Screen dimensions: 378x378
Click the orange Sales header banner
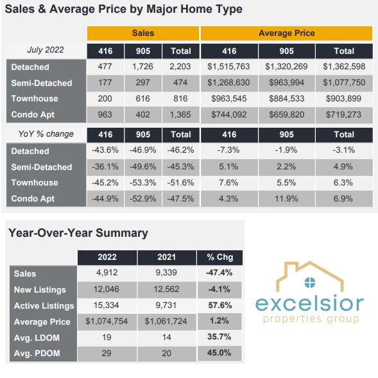(x=143, y=33)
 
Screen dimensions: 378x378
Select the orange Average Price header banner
(x=286, y=33)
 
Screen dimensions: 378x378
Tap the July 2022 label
(x=46, y=50)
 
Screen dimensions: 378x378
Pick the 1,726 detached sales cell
(x=142, y=67)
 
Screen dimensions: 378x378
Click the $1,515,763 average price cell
(x=228, y=67)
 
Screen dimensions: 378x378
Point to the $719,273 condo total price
(x=344, y=114)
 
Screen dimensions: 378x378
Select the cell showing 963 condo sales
(x=105, y=114)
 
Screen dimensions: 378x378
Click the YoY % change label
(x=46, y=133)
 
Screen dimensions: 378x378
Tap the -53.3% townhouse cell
(x=142, y=183)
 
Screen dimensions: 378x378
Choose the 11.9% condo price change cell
(x=286, y=199)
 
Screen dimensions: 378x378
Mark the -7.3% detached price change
(x=228, y=150)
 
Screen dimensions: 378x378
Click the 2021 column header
(x=167, y=257)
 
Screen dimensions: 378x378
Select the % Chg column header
(x=220, y=257)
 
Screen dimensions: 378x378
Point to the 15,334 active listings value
(x=107, y=305)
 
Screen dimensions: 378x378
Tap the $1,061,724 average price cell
(x=166, y=322)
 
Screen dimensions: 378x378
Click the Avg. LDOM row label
(x=37, y=338)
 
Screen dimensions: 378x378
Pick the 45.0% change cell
(x=219, y=353)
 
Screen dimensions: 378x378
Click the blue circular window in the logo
(x=310, y=282)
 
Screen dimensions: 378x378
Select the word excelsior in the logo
(x=309, y=304)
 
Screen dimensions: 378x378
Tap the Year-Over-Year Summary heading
(x=78, y=233)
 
